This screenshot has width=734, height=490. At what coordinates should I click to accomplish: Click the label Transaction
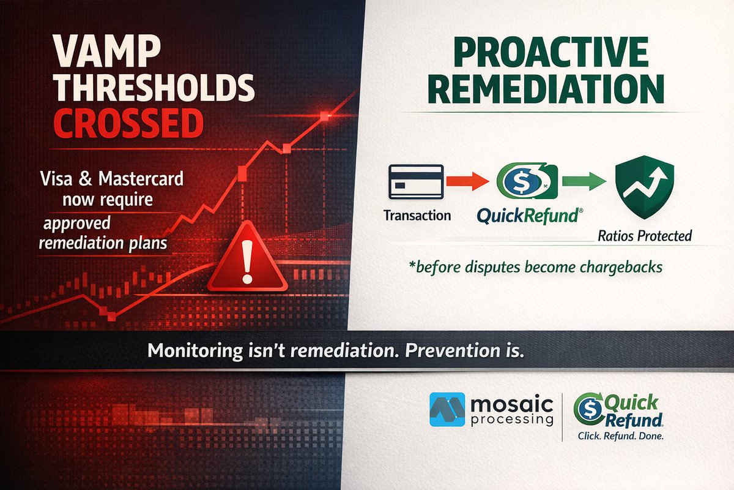417,216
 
